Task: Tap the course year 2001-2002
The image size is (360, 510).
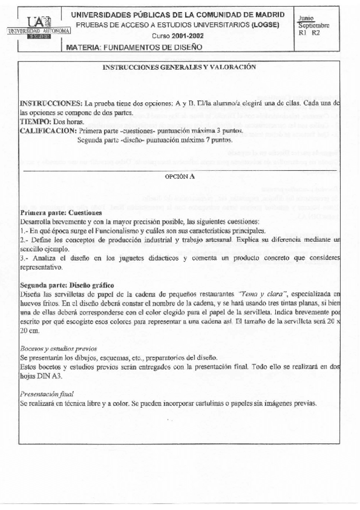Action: [x=185, y=35]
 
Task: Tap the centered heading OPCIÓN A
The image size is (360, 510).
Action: [x=180, y=177]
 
